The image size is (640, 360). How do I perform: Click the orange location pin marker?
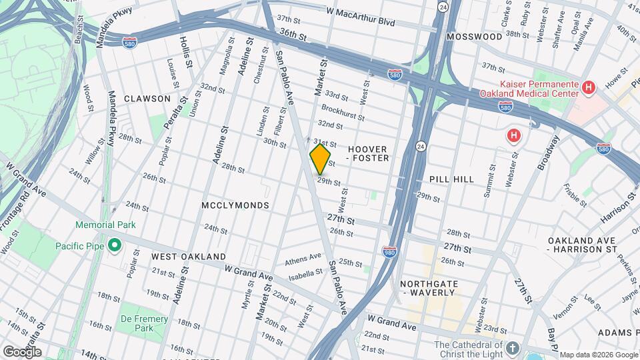point(321,159)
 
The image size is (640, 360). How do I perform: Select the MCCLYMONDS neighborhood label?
point(235,205)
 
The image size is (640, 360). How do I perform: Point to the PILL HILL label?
point(452,179)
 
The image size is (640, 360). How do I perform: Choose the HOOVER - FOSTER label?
point(368,153)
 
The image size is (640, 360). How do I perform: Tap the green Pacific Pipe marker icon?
point(114,245)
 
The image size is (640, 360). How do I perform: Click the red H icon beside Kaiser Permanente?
point(588,87)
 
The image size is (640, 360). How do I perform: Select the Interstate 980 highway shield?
point(391,251)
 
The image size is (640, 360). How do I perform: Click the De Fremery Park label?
point(144,323)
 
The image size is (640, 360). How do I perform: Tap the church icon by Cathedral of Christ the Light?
point(511,349)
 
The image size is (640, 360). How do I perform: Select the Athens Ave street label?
point(303,261)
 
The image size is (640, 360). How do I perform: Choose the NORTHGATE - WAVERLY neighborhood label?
point(429,288)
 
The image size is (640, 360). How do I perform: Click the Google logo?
point(21,351)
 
